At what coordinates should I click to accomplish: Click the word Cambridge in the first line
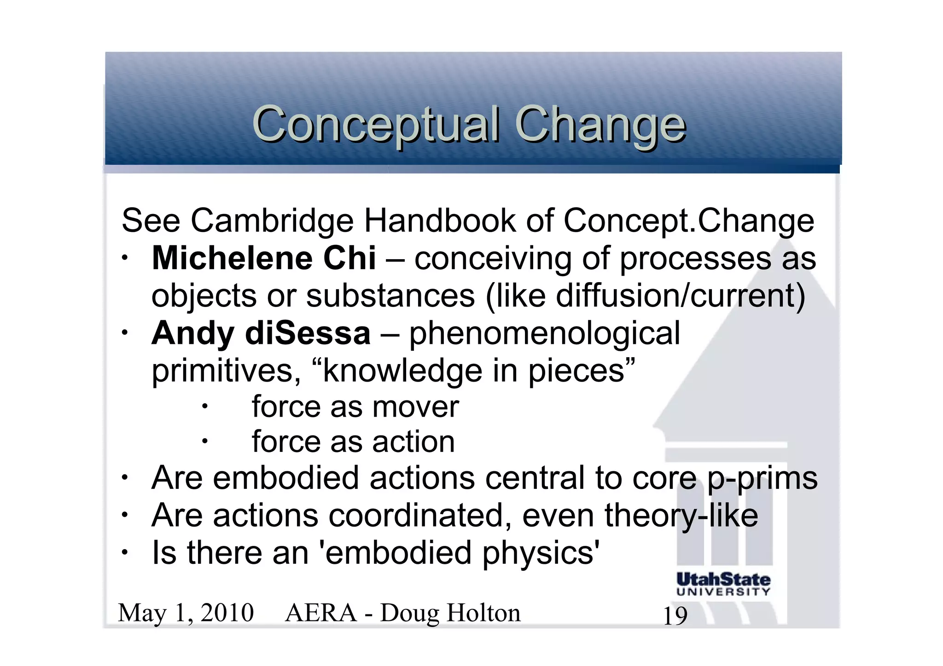(x=272, y=221)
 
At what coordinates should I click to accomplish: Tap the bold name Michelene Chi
(x=264, y=258)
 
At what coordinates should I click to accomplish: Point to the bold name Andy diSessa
(x=261, y=333)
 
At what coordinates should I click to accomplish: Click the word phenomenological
(x=544, y=333)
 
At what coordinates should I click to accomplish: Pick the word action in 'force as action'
(x=413, y=442)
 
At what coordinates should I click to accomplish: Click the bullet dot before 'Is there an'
(x=124, y=552)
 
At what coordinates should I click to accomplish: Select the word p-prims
(x=762, y=478)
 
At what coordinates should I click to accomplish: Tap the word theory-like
(x=681, y=515)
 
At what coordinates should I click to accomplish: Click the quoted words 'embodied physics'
(x=462, y=553)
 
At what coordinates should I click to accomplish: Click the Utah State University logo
(x=723, y=584)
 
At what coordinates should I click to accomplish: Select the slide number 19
(x=675, y=616)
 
